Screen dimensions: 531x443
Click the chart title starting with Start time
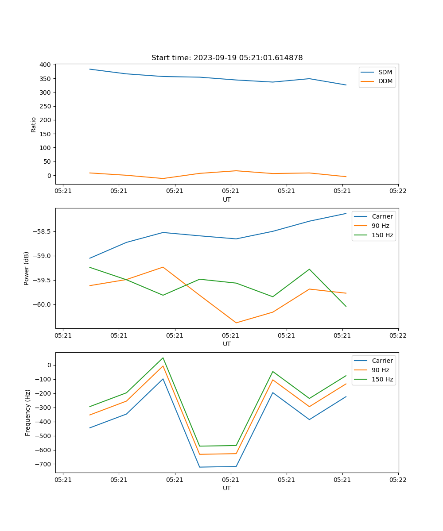tap(227, 58)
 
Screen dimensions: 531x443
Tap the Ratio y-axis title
tap(34, 125)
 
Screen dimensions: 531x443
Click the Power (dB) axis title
tap(27, 268)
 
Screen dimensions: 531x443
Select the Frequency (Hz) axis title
tap(28, 412)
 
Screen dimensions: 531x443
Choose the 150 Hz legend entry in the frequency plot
tap(382, 379)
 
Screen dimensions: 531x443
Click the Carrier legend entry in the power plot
tap(382, 216)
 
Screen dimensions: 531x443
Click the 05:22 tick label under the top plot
tap(398, 191)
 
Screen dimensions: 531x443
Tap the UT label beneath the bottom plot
tap(227, 488)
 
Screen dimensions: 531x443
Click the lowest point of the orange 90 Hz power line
tap(236, 323)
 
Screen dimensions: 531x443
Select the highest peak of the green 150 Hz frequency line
tap(163, 358)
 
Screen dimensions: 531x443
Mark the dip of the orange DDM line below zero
tap(163, 178)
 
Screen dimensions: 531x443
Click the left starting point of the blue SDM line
tap(90, 69)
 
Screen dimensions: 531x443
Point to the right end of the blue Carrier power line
tap(346, 213)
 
